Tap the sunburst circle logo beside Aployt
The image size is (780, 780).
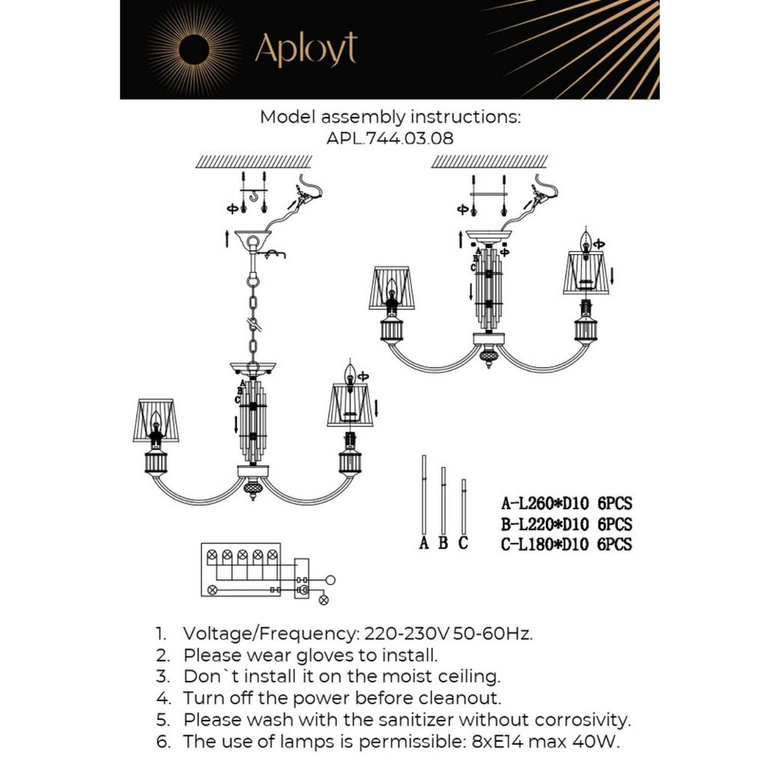coord(194,49)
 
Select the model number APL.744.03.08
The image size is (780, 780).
coord(390,138)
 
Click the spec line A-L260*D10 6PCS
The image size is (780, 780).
coord(566,503)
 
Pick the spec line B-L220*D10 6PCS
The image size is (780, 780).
coord(566,524)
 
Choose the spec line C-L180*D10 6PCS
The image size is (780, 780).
coord(566,544)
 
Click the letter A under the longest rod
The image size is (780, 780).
coord(424,543)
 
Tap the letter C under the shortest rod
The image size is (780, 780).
coord(463,543)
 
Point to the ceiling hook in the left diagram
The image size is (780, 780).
coord(253,196)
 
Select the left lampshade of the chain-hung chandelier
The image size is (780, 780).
coord(156,420)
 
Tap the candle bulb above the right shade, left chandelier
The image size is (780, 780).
coord(350,373)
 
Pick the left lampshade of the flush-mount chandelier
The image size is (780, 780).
coord(391,288)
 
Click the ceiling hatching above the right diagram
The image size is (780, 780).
coord(489,161)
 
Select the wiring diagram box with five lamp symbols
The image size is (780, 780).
coord(241,569)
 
